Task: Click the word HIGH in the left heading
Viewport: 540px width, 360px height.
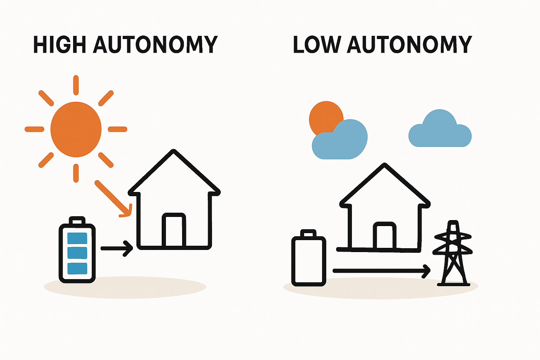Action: pyautogui.click(x=59, y=45)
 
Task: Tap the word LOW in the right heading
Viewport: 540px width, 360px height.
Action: pyautogui.click(x=316, y=45)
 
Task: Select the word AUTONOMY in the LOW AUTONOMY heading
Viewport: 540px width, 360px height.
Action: pyautogui.click(x=409, y=45)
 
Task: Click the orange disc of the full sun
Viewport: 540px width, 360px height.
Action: pyautogui.click(x=76, y=129)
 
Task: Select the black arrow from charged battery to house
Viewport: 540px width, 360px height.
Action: pyautogui.click(x=116, y=248)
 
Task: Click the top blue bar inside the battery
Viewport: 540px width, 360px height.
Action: pyautogui.click(x=77, y=238)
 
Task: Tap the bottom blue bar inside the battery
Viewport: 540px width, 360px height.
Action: pyautogui.click(x=77, y=268)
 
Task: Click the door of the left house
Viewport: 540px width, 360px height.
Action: pyautogui.click(x=174, y=230)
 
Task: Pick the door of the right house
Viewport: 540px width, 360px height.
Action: pyautogui.click(x=385, y=236)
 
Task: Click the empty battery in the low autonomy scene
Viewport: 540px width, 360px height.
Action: pyautogui.click(x=309, y=260)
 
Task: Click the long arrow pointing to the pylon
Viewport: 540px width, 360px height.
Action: pyautogui.click(x=381, y=271)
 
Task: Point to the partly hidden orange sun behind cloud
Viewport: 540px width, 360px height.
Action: pyautogui.click(x=323, y=116)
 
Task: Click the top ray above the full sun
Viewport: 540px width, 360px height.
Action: pyautogui.click(x=76, y=85)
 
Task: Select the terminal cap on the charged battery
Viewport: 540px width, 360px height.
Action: pyautogui.click(x=77, y=220)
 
